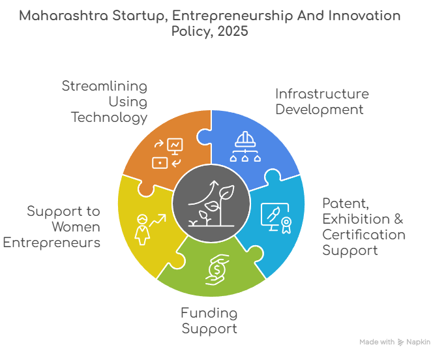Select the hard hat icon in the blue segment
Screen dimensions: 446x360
[246, 147]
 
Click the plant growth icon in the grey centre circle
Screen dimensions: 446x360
[211, 203]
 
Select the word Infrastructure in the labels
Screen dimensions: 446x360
[321, 93]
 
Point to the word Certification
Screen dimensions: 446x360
[363, 234]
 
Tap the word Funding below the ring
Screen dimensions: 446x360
[209, 313]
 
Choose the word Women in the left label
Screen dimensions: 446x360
[76, 227]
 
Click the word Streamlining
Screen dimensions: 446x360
[104, 86]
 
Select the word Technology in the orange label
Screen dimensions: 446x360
[109, 117]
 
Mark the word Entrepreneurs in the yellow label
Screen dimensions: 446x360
[52, 243]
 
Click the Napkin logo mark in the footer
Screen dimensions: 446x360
[400, 342]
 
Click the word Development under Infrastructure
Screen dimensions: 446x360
[319, 109]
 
